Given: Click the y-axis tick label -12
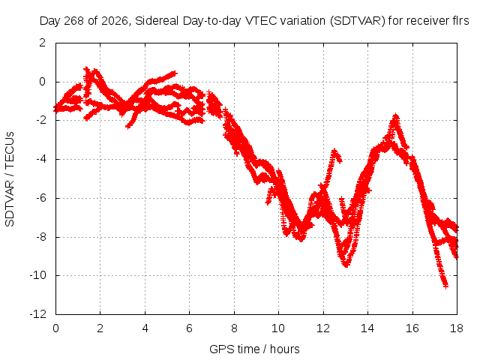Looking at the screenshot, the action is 38,314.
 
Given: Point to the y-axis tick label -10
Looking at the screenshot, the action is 38,275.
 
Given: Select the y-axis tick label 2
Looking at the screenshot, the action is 43,43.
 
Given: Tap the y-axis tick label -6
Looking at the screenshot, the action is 40,198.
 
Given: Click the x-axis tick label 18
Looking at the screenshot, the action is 457,328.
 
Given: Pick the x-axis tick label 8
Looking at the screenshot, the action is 234,328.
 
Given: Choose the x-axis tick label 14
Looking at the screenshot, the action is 367,328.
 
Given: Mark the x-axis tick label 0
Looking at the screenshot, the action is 55,328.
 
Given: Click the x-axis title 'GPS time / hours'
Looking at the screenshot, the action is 254,349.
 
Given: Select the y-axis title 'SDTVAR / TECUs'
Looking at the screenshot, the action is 10,179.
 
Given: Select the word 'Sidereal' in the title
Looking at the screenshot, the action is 157,21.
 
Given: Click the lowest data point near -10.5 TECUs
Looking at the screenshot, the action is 445,286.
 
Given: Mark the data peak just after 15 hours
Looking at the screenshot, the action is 396,115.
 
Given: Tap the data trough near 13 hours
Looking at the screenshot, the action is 346,265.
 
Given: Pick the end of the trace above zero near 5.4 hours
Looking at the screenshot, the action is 175,73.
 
